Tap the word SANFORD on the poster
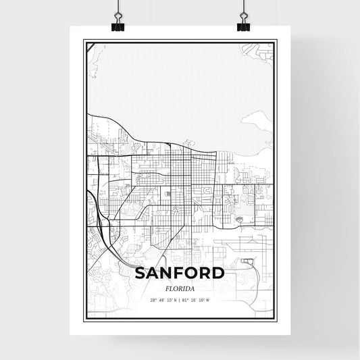[180, 273]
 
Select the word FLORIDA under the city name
[180, 286]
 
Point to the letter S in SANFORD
[140, 273]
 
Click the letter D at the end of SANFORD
[217, 273]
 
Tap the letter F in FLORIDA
[166, 286]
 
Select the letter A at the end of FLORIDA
[192, 286]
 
